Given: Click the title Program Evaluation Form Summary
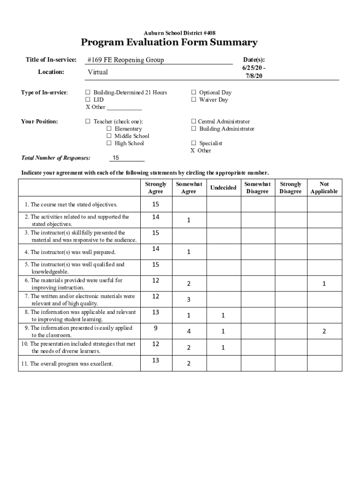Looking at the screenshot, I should click(x=169, y=43).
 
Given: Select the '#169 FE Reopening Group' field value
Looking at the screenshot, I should click(x=126, y=60).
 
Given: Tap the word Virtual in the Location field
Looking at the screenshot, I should click(x=98, y=72).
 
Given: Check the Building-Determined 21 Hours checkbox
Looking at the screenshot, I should click(x=87, y=93).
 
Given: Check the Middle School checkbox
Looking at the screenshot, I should click(x=109, y=136).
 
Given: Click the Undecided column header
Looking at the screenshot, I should click(x=223, y=188).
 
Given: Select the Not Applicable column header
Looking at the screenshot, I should click(x=324, y=188).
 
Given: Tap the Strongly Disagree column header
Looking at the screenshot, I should click(x=290, y=188).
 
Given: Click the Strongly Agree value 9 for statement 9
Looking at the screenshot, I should click(x=155, y=328).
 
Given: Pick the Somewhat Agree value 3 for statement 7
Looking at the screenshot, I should click(x=188, y=299).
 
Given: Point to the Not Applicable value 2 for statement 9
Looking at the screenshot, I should click(x=324, y=331).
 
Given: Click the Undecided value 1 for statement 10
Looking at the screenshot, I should click(x=223, y=347).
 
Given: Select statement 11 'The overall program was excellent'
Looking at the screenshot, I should click(x=72, y=363).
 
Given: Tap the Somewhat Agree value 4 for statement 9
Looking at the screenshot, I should click(x=188, y=331).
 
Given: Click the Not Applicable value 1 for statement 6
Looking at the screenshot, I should click(x=324, y=283).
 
